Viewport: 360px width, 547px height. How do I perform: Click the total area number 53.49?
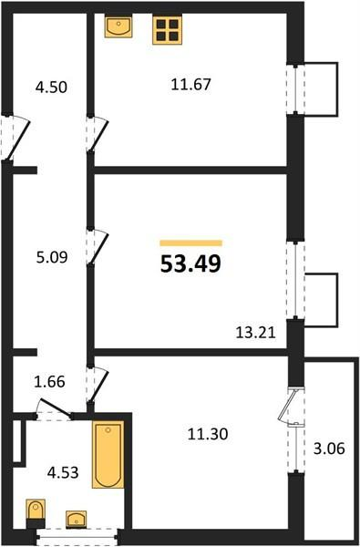pyautogui.click(x=190, y=263)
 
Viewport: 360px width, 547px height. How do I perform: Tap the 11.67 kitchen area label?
pyautogui.click(x=191, y=85)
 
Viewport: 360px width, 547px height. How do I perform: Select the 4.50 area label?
pyautogui.click(x=51, y=88)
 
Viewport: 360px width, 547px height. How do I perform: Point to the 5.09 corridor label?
pyautogui.click(x=52, y=257)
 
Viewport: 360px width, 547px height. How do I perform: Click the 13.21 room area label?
pyautogui.click(x=256, y=333)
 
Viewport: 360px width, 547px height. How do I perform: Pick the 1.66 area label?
pyautogui.click(x=49, y=382)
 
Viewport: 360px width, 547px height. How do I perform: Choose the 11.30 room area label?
pyautogui.click(x=208, y=434)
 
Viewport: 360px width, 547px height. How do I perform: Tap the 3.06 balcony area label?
pyautogui.click(x=329, y=449)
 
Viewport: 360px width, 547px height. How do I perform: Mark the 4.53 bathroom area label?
pyautogui.click(x=63, y=473)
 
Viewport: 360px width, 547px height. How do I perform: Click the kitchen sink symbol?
pyautogui.click(x=118, y=26)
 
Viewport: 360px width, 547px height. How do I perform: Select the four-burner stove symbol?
pyautogui.click(x=168, y=30)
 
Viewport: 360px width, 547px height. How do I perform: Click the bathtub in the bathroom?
pyautogui.click(x=108, y=455)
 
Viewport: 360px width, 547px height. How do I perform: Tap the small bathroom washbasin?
pyautogui.click(x=76, y=520)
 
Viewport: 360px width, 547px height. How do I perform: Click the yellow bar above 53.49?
pyautogui.click(x=191, y=243)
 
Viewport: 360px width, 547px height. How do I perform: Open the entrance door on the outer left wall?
pyautogui.click(x=15, y=138)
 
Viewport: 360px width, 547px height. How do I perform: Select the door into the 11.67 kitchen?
pyautogui.click(x=98, y=134)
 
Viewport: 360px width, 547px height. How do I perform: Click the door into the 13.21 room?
pyautogui.click(x=98, y=247)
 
